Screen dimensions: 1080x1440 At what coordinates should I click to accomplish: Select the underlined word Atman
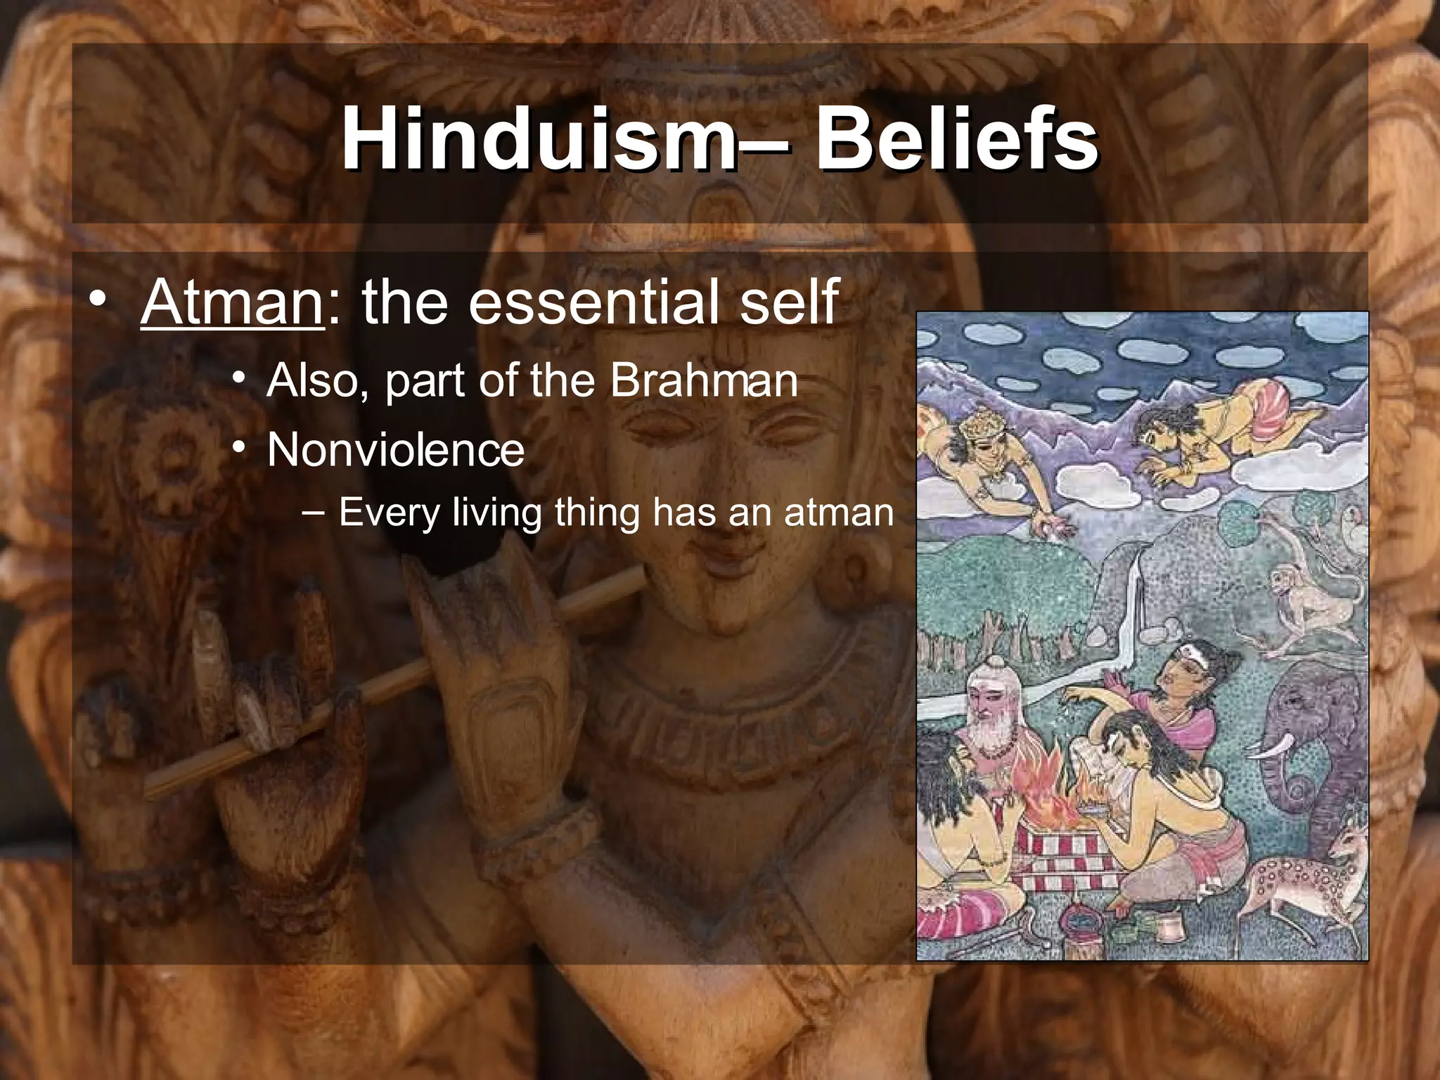[232, 302]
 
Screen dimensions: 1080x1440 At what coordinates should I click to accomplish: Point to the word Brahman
[703, 381]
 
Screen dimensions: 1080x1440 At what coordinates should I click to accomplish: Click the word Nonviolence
[396, 450]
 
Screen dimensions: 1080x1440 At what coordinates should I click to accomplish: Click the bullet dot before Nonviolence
[240, 449]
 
